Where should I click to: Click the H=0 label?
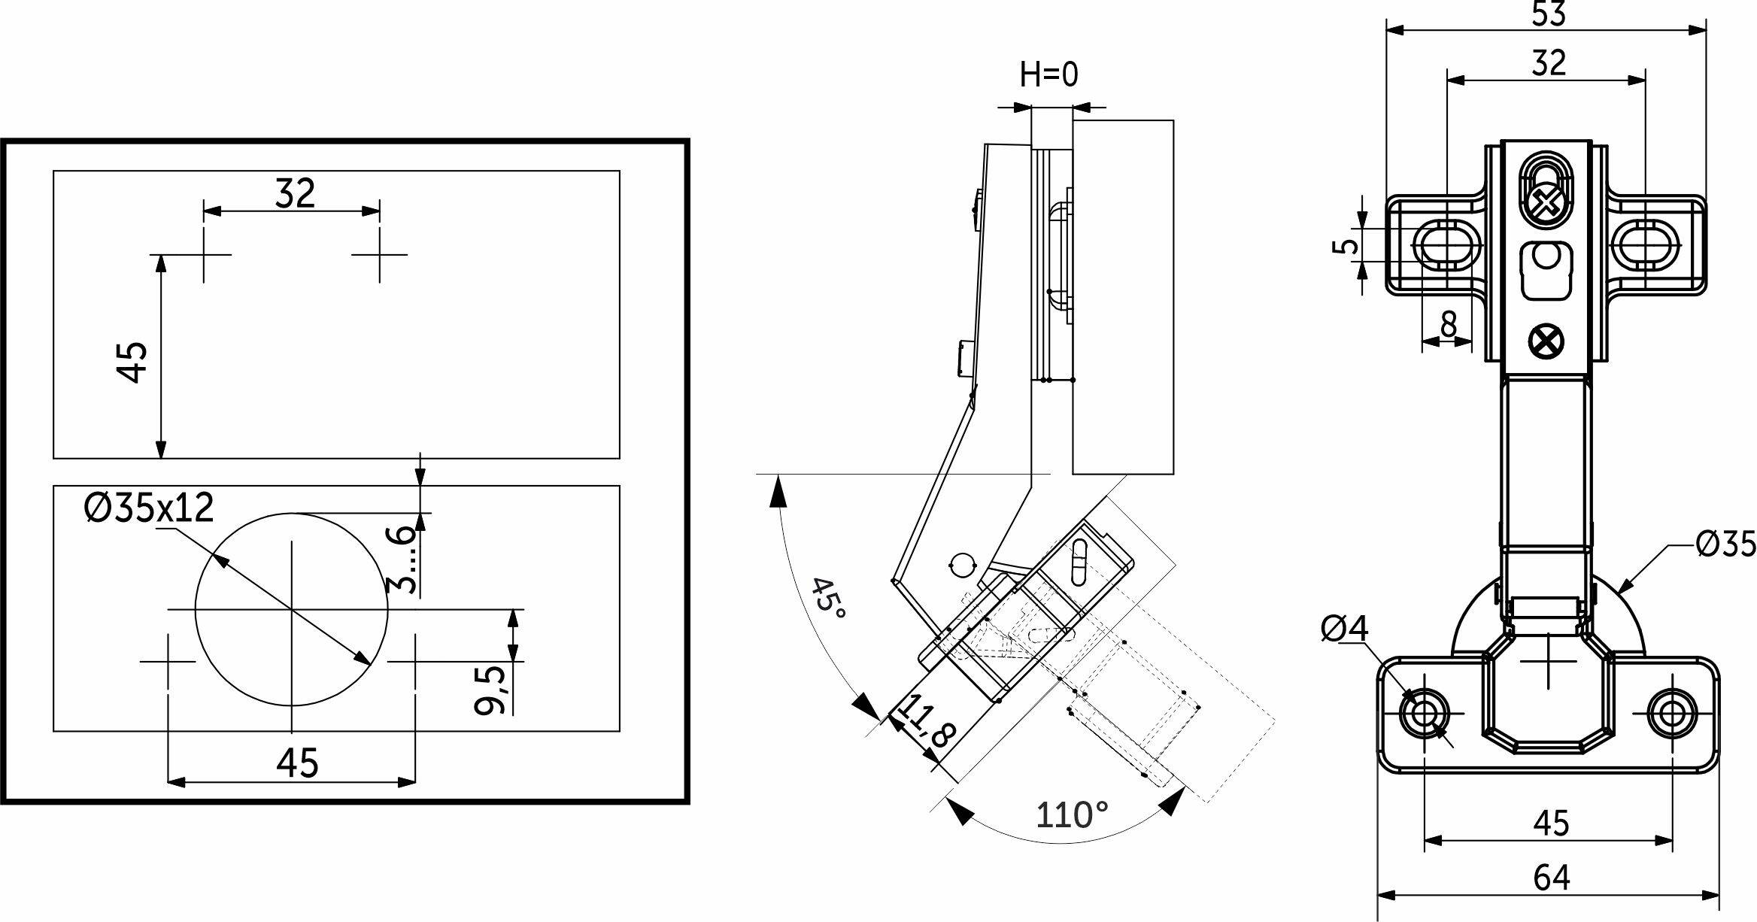point(1049,74)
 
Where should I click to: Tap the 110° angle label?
point(1072,815)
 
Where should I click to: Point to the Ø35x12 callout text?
point(150,508)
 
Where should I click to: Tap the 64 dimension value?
point(1550,878)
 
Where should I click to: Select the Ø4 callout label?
point(1345,629)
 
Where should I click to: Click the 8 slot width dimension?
point(1448,325)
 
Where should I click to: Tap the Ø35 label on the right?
point(1725,544)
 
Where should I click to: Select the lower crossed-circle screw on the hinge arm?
point(1546,342)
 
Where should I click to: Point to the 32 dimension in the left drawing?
point(295,193)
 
